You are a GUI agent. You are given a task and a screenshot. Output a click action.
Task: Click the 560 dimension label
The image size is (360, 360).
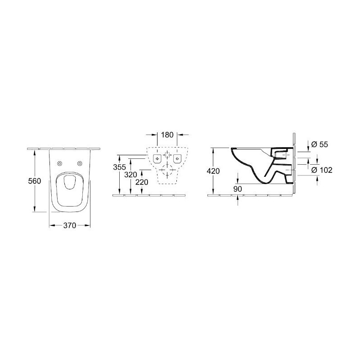tap(35, 181)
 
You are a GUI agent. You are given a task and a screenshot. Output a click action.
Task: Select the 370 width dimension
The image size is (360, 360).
tap(70, 225)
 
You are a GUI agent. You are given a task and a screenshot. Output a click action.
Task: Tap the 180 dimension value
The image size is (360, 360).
tap(167, 135)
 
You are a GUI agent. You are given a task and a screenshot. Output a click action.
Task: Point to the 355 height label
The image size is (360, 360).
tap(119, 167)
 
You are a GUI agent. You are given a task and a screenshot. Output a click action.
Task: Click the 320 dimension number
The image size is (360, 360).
tap(130, 175)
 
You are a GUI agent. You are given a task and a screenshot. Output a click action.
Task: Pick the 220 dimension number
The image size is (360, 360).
tap(142, 182)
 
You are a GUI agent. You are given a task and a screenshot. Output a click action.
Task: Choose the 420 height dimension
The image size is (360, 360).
tap(213, 171)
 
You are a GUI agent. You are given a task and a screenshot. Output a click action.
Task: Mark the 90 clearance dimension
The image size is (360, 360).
tap(238, 189)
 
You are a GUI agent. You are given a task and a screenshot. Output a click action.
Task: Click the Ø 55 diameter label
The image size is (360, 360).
tap(319, 144)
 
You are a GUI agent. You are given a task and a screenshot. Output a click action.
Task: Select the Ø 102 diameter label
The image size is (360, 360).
tap(322, 170)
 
